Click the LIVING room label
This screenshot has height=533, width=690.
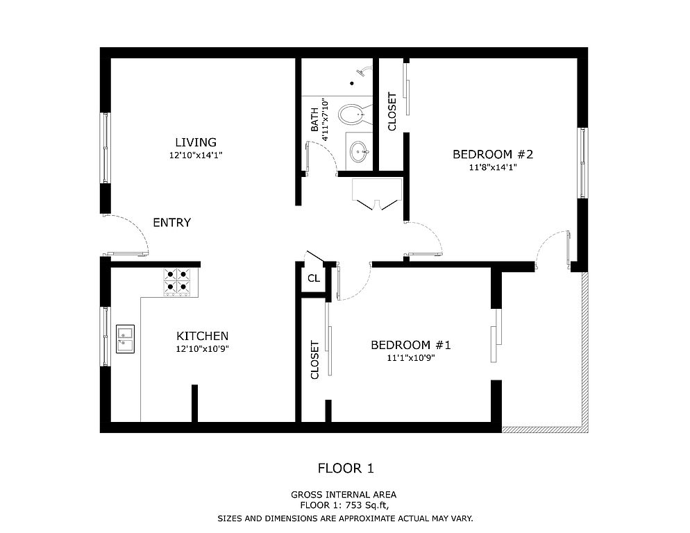click(x=196, y=142)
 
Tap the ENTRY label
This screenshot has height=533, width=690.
click(x=171, y=223)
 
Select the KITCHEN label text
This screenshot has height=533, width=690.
click(x=203, y=337)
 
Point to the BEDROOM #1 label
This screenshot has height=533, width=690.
click(x=411, y=345)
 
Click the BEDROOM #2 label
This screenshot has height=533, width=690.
click(x=493, y=155)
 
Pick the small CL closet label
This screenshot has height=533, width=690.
click(x=314, y=278)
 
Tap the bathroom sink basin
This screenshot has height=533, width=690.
click(x=360, y=152)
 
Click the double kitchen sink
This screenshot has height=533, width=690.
click(x=126, y=339)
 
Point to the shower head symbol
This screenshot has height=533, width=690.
click(x=364, y=71)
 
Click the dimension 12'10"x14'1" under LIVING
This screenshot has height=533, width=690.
click(x=196, y=155)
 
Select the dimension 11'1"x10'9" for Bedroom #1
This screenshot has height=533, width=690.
click(x=411, y=358)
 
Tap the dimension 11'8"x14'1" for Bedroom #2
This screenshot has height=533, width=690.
click(x=493, y=167)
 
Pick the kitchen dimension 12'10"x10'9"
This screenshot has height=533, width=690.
click(x=203, y=349)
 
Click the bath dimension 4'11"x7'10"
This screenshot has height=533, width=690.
click(x=326, y=120)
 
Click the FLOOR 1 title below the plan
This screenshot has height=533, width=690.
click(x=346, y=468)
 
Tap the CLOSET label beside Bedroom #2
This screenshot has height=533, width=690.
click(x=392, y=112)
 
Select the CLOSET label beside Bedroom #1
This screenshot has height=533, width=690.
click(x=314, y=359)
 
